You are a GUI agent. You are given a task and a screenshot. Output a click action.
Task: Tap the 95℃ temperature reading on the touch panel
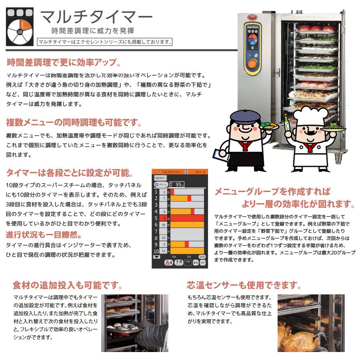177,184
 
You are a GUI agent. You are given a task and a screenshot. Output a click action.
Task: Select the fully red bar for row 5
188,218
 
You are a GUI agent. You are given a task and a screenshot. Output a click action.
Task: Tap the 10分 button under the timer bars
202,256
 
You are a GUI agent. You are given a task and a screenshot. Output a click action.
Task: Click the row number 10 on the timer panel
156,251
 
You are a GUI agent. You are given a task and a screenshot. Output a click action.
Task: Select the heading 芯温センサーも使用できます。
244,285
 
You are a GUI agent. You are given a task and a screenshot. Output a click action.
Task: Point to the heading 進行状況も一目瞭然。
44,234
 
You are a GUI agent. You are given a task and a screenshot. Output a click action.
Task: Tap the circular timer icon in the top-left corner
21,26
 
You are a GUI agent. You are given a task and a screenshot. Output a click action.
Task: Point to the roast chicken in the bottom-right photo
296,340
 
